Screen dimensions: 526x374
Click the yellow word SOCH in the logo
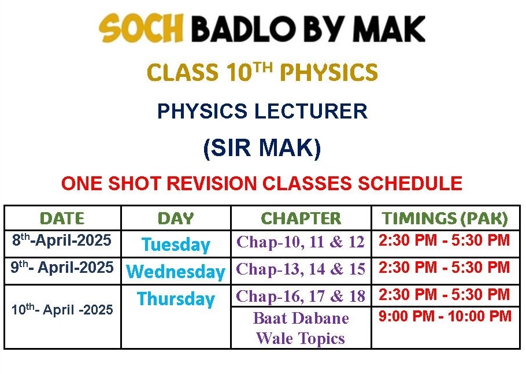pos(141,28)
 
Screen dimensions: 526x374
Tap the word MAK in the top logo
pos(391,28)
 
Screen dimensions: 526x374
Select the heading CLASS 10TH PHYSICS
pos(262,72)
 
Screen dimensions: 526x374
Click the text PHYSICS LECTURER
pos(262,111)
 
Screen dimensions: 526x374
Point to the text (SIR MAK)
pos(262,147)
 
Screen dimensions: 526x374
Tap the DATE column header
pos(62,219)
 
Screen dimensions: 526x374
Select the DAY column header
pos(176,219)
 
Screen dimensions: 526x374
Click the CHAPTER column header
pos(301,219)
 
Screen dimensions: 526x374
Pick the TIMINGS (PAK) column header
pos(445,219)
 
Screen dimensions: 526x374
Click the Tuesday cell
pos(176,245)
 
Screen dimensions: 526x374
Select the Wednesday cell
pos(176,272)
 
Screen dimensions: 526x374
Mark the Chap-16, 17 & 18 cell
pos(301,296)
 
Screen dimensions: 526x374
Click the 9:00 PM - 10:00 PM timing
pos(445,316)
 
